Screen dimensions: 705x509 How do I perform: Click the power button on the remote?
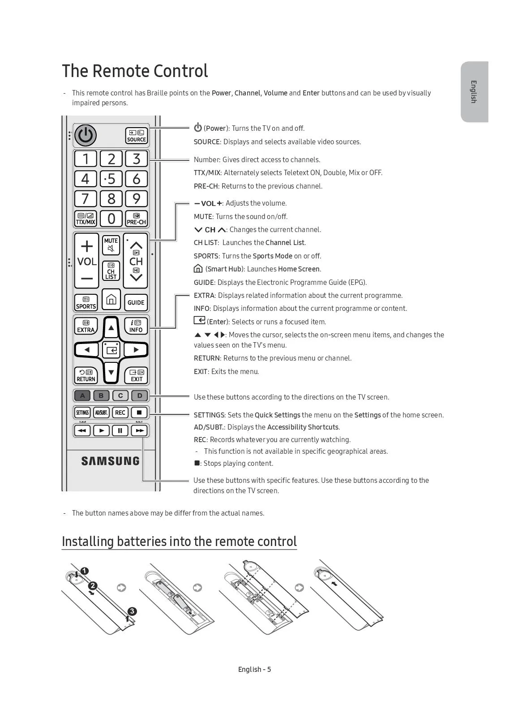click(85, 135)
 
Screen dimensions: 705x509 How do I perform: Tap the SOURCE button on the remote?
click(137, 136)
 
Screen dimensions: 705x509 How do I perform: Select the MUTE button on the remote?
click(111, 245)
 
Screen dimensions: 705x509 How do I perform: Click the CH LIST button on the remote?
click(111, 271)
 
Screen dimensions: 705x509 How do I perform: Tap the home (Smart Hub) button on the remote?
click(111, 299)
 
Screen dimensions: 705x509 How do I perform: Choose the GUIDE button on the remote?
click(136, 302)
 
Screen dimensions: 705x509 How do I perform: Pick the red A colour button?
click(82, 395)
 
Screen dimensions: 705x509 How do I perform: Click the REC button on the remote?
click(120, 413)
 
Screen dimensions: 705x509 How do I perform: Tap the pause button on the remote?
click(120, 430)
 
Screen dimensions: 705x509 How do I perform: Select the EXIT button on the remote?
click(136, 375)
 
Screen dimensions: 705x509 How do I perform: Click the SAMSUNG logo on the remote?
click(110, 461)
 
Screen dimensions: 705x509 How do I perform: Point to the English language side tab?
click(474, 92)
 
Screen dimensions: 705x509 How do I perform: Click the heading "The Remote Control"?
click(135, 71)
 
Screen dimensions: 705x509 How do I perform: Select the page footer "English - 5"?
click(254, 669)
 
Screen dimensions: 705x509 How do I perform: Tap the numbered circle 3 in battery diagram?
click(132, 611)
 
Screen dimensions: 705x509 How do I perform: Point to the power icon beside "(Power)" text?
click(198, 128)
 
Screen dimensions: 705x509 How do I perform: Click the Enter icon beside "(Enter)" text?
click(199, 320)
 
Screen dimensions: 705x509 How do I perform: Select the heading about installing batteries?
click(179, 541)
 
